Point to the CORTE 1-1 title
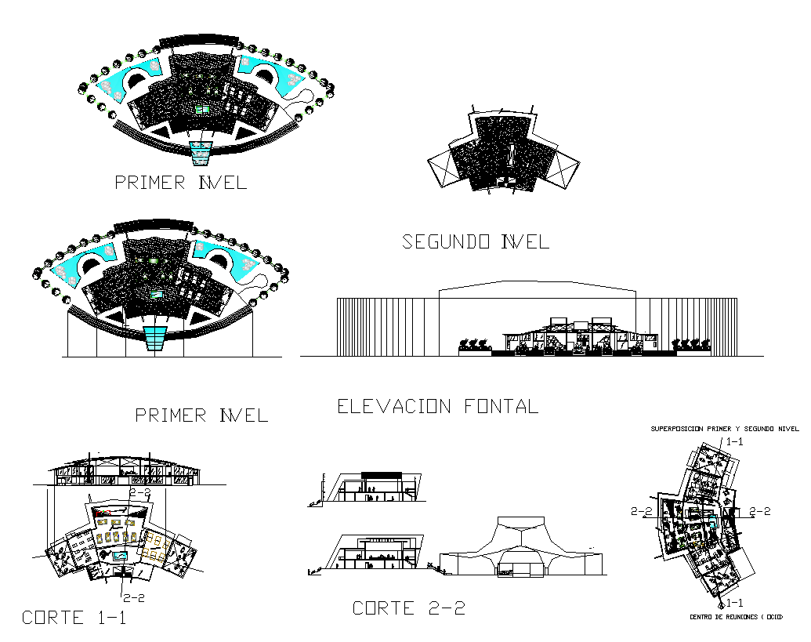(x=74, y=618)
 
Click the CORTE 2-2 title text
(x=408, y=608)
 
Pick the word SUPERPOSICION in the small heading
(x=679, y=429)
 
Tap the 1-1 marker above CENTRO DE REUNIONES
(x=734, y=602)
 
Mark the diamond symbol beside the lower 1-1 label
(x=721, y=606)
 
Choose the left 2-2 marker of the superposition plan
(x=643, y=511)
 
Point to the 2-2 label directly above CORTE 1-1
(x=132, y=597)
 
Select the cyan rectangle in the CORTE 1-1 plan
(x=121, y=556)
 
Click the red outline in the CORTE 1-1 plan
(x=104, y=512)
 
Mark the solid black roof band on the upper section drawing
(x=382, y=473)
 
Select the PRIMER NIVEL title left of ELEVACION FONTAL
(x=201, y=415)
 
